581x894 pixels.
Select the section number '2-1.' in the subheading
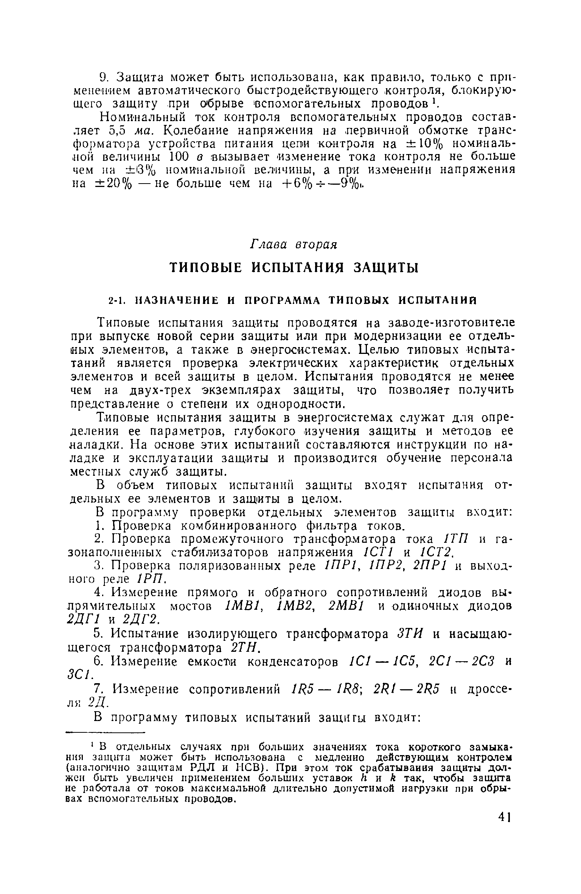(116, 301)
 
